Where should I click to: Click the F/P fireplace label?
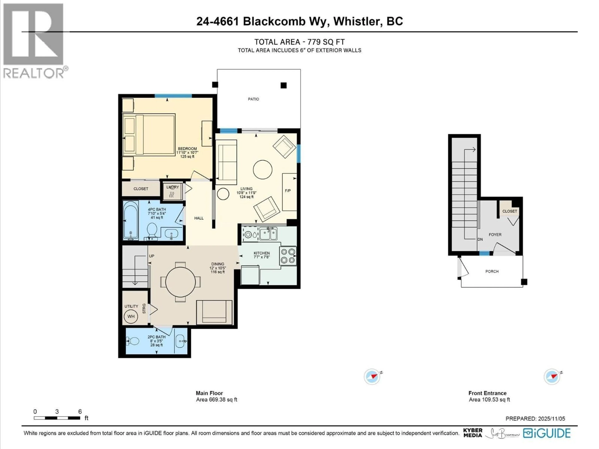[x=288, y=191]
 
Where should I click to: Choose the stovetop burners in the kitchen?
[x=288, y=256]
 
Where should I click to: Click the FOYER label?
[x=495, y=235]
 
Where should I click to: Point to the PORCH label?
[x=492, y=271]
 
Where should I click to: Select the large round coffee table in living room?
[x=262, y=169]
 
